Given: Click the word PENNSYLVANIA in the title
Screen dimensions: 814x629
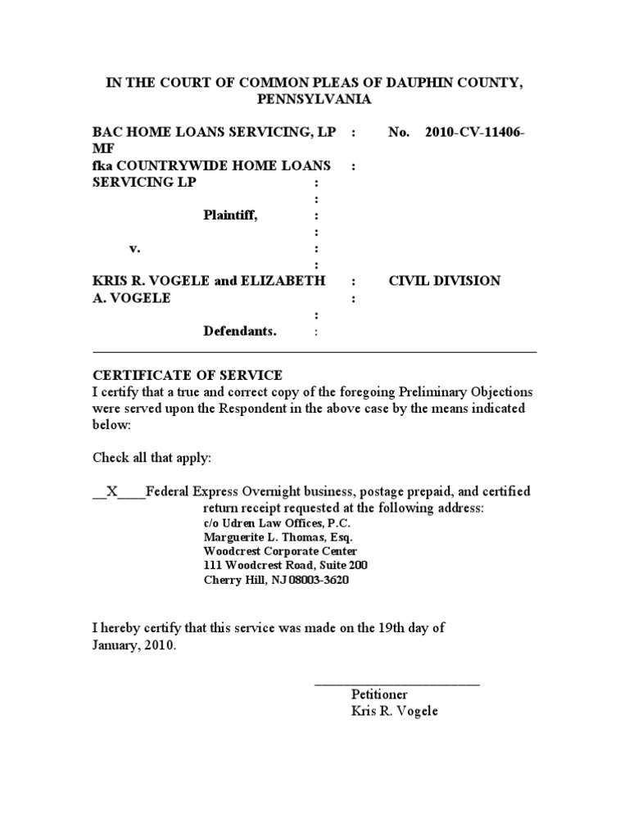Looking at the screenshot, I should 314,100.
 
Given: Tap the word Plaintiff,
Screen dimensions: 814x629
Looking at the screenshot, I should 236,215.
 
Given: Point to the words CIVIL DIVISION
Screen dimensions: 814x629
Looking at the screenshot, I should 445,281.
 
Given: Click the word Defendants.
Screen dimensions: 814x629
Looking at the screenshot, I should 240,332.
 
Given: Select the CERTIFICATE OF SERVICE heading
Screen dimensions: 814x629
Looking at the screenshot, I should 188,375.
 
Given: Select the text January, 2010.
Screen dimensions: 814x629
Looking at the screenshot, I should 133,644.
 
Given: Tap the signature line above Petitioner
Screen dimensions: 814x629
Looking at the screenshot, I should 397,683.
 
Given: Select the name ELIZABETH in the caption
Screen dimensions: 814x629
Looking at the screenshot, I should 283,281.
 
